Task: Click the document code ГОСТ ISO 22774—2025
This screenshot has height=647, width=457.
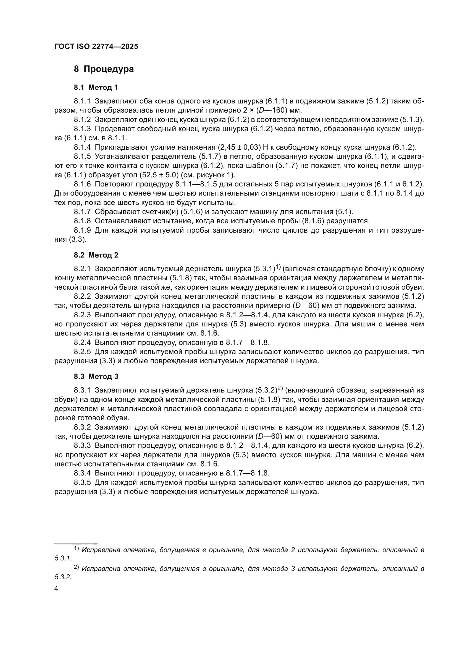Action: click(x=96, y=47)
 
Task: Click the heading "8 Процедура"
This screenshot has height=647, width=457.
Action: click(x=104, y=69)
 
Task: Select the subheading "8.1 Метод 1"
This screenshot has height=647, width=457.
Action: click(x=96, y=88)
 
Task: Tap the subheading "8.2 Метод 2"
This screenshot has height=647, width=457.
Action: click(x=96, y=255)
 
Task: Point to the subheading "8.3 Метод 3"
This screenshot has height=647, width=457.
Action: click(x=96, y=377)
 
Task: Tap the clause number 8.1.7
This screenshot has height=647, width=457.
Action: click(x=82, y=212)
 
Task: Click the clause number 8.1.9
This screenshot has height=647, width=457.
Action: click(x=82, y=230)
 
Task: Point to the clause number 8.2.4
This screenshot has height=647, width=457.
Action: click(x=82, y=343)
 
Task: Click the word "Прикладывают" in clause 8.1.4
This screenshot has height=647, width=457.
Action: click(x=122, y=147)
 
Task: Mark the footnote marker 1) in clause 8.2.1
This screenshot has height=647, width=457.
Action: click(x=278, y=267)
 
